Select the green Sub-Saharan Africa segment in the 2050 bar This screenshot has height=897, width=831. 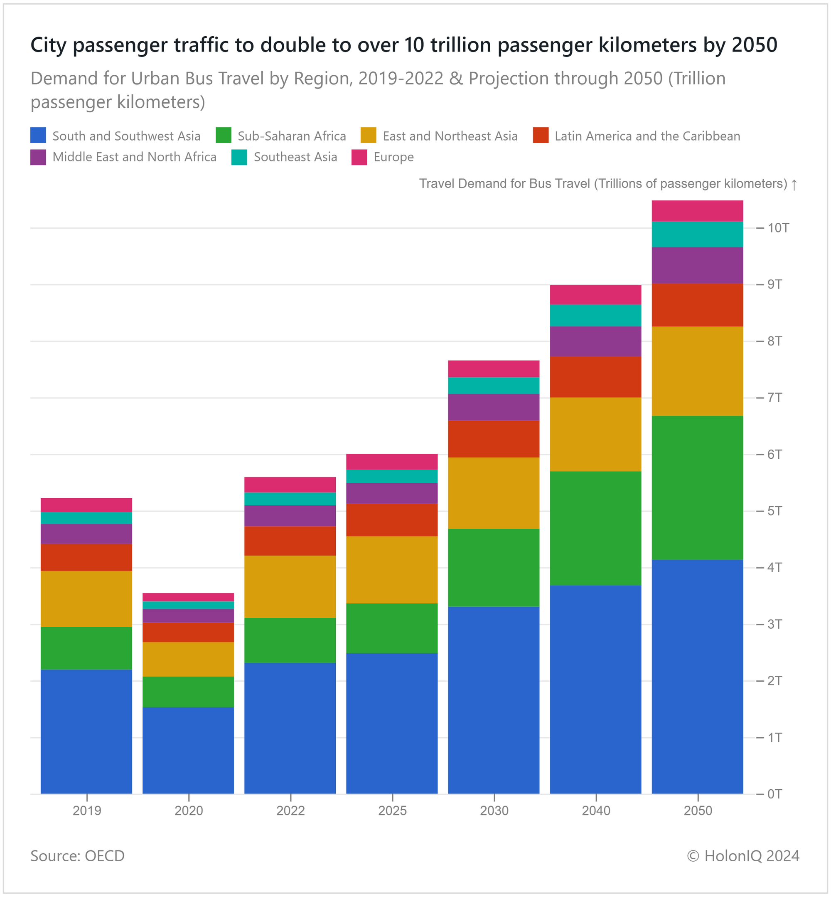click(x=697, y=487)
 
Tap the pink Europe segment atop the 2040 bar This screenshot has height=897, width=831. click(x=595, y=295)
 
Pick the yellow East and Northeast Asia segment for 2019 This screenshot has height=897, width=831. click(x=86, y=598)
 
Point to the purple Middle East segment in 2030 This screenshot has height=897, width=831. click(x=494, y=407)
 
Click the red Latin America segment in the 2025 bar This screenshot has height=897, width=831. click(x=392, y=520)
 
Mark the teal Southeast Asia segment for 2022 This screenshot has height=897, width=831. click(x=290, y=499)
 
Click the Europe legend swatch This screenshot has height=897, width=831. click(x=359, y=157)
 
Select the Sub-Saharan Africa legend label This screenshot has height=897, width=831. click(x=292, y=136)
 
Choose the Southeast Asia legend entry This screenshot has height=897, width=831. click(x=295, y=157)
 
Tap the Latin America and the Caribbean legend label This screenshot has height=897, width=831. click(x=647, y=136)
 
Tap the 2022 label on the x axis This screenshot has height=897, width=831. click(x=290, y=811)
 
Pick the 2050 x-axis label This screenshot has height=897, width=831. click(x=698, y=811)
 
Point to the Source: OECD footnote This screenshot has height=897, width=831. click(x=77, y=855)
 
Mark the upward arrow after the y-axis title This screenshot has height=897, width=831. click(x=794, y=184)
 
